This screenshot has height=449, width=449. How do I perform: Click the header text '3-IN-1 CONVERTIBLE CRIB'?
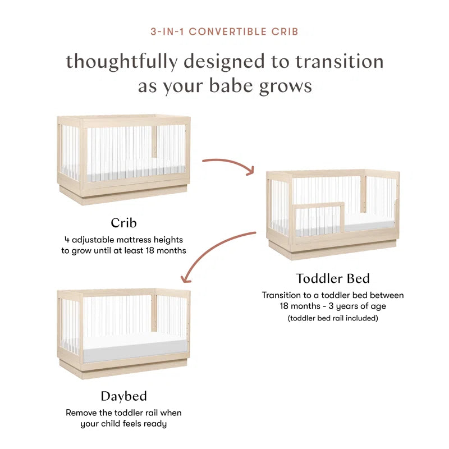click(224, 31)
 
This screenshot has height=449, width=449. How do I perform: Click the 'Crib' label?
click(123, 223)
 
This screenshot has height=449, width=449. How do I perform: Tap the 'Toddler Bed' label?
click(333, 278)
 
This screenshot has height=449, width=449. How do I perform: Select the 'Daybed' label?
click(123, 396)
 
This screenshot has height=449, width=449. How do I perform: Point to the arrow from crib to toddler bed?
click(228, 165)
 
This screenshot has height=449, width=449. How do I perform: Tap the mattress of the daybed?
click(135, 351)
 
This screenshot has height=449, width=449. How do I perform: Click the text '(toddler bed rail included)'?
click(333, 318)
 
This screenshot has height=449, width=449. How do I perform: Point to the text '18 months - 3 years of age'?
click(333, 306)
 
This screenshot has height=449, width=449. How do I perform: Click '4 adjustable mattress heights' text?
click(123, 240)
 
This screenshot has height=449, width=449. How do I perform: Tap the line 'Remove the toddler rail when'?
click(123, 413)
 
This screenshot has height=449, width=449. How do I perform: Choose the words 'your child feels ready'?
click(123, 424)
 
